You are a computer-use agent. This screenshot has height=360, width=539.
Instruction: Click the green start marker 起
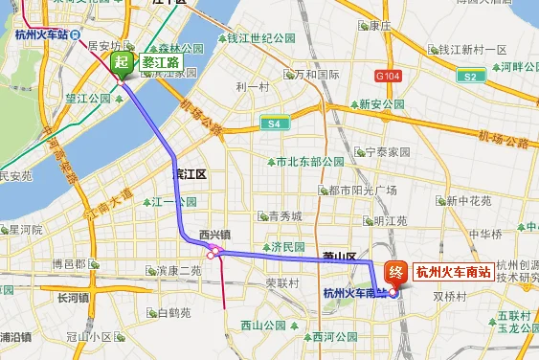click(x=122, y=64)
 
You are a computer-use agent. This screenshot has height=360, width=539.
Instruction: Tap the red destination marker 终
click(x=394, y=272)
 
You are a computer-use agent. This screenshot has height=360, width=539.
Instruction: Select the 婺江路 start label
click(x=160, y=62)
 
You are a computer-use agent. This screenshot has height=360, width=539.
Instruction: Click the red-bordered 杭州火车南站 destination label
click(x=453, y=271)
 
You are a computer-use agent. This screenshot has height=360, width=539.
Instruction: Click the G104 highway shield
click(x=389, y=74)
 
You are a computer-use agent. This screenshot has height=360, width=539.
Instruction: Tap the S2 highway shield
click(x=469, y=76)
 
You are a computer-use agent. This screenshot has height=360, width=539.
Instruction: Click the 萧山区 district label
click(x=339, y=257)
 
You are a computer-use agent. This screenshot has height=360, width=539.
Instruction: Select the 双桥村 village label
click(x=448, y=297)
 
